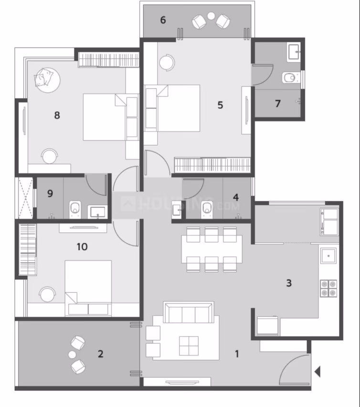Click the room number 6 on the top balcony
[x=163, y=20]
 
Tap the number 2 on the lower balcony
[x=100, y=354]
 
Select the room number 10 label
[x=82, y=246]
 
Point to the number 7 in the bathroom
[x=278, y=104]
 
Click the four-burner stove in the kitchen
[x=328, y=288]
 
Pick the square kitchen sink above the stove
[x=328, y=256]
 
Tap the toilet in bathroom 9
[x=75, y=209]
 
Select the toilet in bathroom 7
[x=290, y=77]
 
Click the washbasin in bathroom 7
[x=294, y=53]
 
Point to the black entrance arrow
[x=318, y=372]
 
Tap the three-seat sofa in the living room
[x=189, y=312]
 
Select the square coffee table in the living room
[x=189, y=346]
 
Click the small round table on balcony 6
[x=211, y=16]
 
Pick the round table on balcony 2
[x=72, y=354]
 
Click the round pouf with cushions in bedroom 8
[x=47, y=80]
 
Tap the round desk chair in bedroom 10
[x=47, y=294]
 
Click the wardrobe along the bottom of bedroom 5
[x=212, y=165]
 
